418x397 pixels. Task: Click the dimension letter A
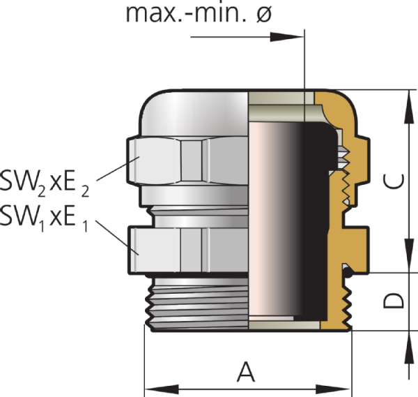pyautogui.click(x=246, y=372)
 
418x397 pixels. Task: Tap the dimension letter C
pyautogui.click(x=393, y=181)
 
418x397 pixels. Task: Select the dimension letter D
pyautogui.click(x=394, y=301)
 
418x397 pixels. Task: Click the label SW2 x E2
pyautogui.click(x=45, y=183)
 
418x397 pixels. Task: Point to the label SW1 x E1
pyautogui.click(x=44, y=218)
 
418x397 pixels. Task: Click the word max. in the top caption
pyautogui.click(x=154, y=13)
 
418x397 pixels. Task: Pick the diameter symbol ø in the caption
pyautogui.click(x=264, y=13)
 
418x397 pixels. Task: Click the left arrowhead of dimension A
pyautogui.click(x=162, y=389)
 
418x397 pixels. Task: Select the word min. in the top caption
pyautogui.click(x=220, y=13)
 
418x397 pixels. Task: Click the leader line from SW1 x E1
pyautogui.click(x=117, y=237)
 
